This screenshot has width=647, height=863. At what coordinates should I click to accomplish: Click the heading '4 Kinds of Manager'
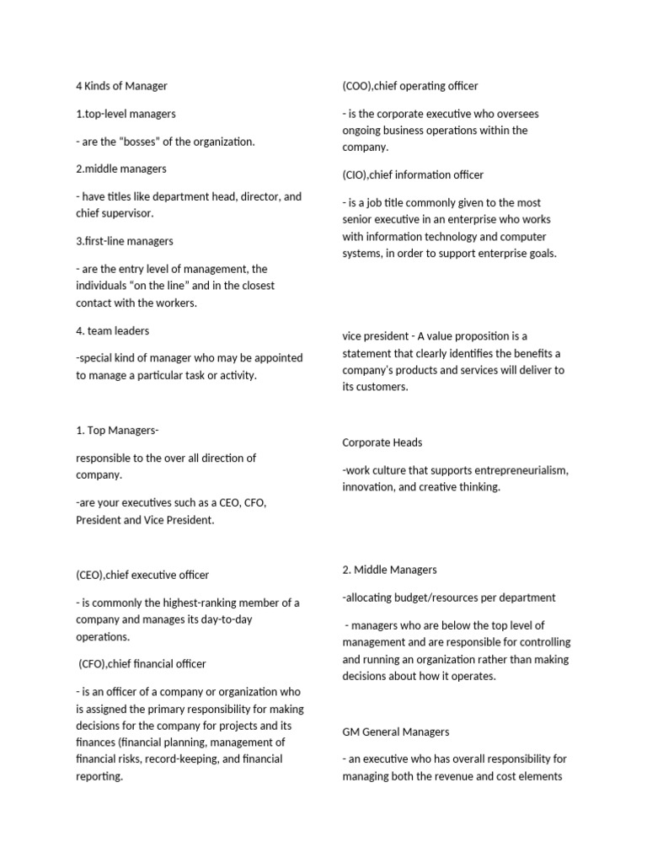[121, 86]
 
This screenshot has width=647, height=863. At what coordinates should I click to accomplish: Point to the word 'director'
[259, 197]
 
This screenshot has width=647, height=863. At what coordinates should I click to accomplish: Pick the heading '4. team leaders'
[112, 331]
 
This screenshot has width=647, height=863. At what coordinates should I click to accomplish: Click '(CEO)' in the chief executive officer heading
[92, 576]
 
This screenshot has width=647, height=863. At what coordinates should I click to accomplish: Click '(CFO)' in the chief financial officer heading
[95, 664]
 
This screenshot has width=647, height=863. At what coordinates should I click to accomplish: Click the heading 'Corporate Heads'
[382, 442]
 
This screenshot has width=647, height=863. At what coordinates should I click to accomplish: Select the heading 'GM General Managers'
[395, 732]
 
